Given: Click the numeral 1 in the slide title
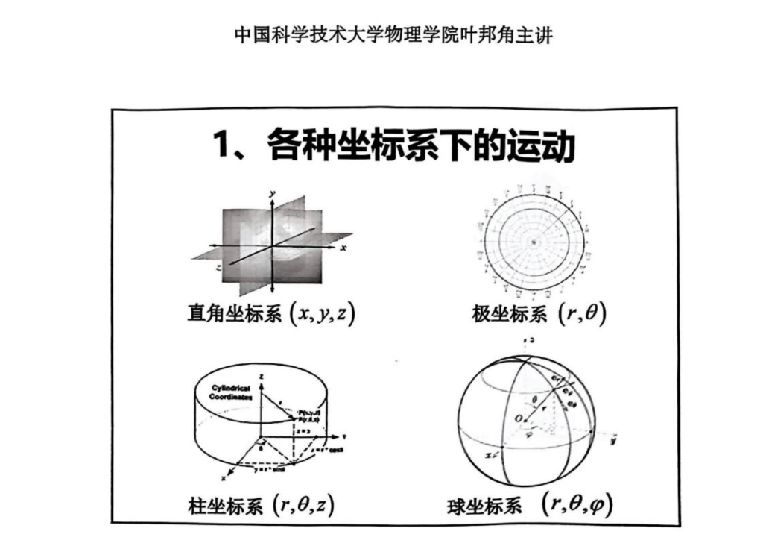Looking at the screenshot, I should (223, 147).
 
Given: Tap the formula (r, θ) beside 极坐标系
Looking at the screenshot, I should (582, 314).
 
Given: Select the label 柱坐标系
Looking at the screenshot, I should (225, 507).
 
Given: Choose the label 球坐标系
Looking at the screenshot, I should (484, 507).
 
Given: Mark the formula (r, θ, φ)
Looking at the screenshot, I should (577, 505).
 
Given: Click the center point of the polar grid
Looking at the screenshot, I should (534, 242).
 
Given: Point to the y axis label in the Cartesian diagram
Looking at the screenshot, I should (273, 194).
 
